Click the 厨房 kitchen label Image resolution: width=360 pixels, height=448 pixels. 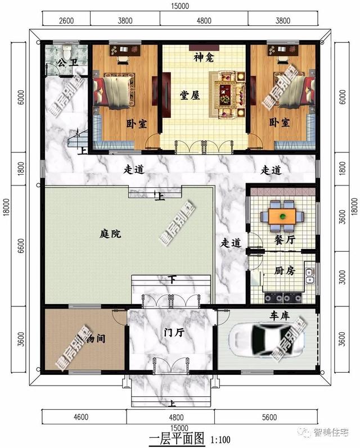(285, 270)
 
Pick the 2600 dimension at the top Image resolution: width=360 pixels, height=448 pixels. (66, 21)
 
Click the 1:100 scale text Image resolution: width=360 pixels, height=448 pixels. (219, 438)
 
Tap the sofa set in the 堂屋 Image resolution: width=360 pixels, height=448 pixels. (228, 92)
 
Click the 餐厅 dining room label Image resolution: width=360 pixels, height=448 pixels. (285, 239)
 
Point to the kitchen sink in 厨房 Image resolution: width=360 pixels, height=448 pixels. (308, 275)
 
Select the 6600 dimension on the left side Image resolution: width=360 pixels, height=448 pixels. (21, 246)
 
